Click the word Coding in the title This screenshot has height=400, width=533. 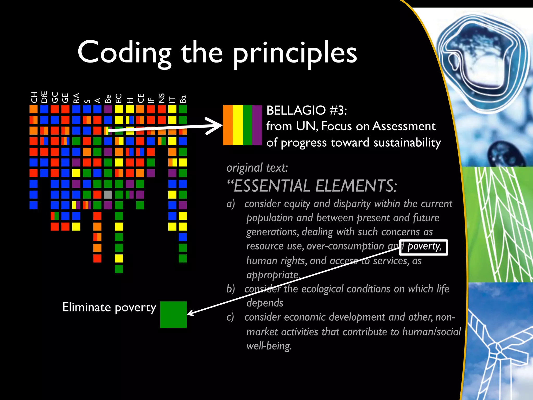(x=124, y=53)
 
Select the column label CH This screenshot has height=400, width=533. (x=34, y=97)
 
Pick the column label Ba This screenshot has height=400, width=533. (x=183, y=99)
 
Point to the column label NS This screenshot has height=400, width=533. (x=162, y=98)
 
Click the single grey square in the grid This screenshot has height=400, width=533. (x=108, y=195)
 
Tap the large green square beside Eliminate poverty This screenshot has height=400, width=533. (x=173, y=315)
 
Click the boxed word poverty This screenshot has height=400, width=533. (x=423, y=247)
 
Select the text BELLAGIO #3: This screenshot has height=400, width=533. (x=306, y=110)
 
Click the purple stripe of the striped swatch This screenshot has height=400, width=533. (x=257, y=125)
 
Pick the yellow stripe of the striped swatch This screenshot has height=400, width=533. (x=238, y=125)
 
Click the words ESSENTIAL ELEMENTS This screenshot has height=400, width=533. (x=315, y=186)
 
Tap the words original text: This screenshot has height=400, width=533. (x=257, y=167)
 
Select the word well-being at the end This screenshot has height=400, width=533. (x=269, y=346)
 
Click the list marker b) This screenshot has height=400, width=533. (x=231, y=289)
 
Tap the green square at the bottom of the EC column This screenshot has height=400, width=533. (x=119, y=269)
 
